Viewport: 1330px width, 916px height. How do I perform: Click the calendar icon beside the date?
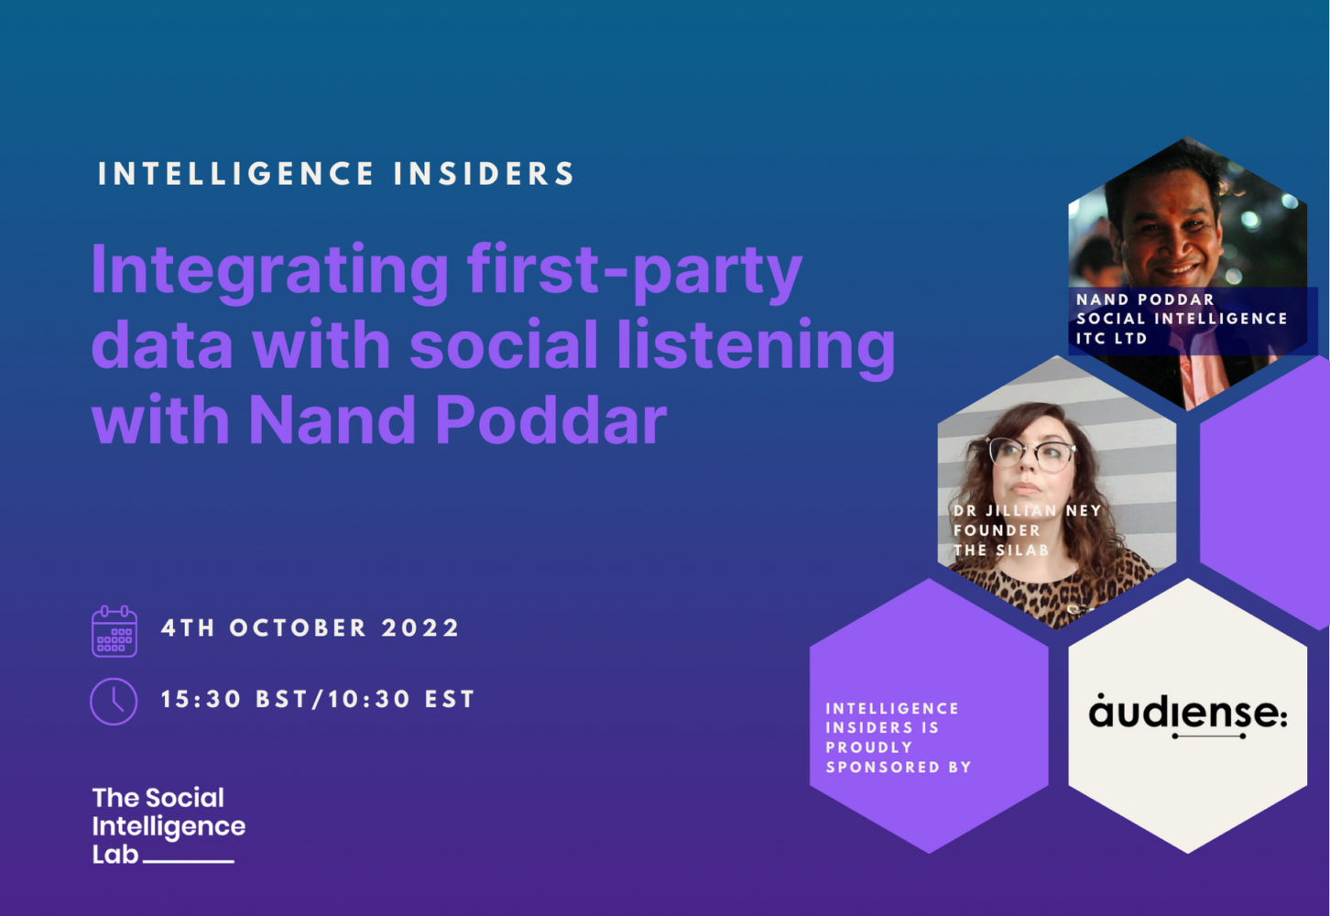click(x=114, y=631)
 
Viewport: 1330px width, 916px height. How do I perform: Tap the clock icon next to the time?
click(x=114, y=702)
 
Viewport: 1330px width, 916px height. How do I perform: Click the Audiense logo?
click(x=1188, y=715)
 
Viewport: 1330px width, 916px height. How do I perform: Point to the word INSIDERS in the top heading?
click(x=485, y=174)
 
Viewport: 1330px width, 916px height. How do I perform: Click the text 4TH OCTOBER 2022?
click(x=311, y=628)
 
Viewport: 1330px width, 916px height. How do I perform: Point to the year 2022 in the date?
click(x=420, y=628)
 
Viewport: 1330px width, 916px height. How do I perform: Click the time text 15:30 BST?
click(x=233, y=700)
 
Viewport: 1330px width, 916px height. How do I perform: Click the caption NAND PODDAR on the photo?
click(x=1145, y=300)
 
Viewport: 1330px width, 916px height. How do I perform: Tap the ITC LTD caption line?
click(x=1111, y=338)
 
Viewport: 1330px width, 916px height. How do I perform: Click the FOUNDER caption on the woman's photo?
click(x=997, y=530)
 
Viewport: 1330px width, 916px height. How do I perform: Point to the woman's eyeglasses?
click(x=1032, y=453)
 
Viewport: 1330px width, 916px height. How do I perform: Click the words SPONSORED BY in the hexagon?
click(x=899, y=767)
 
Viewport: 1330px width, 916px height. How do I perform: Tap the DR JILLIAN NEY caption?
click(x=1027, y=510)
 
